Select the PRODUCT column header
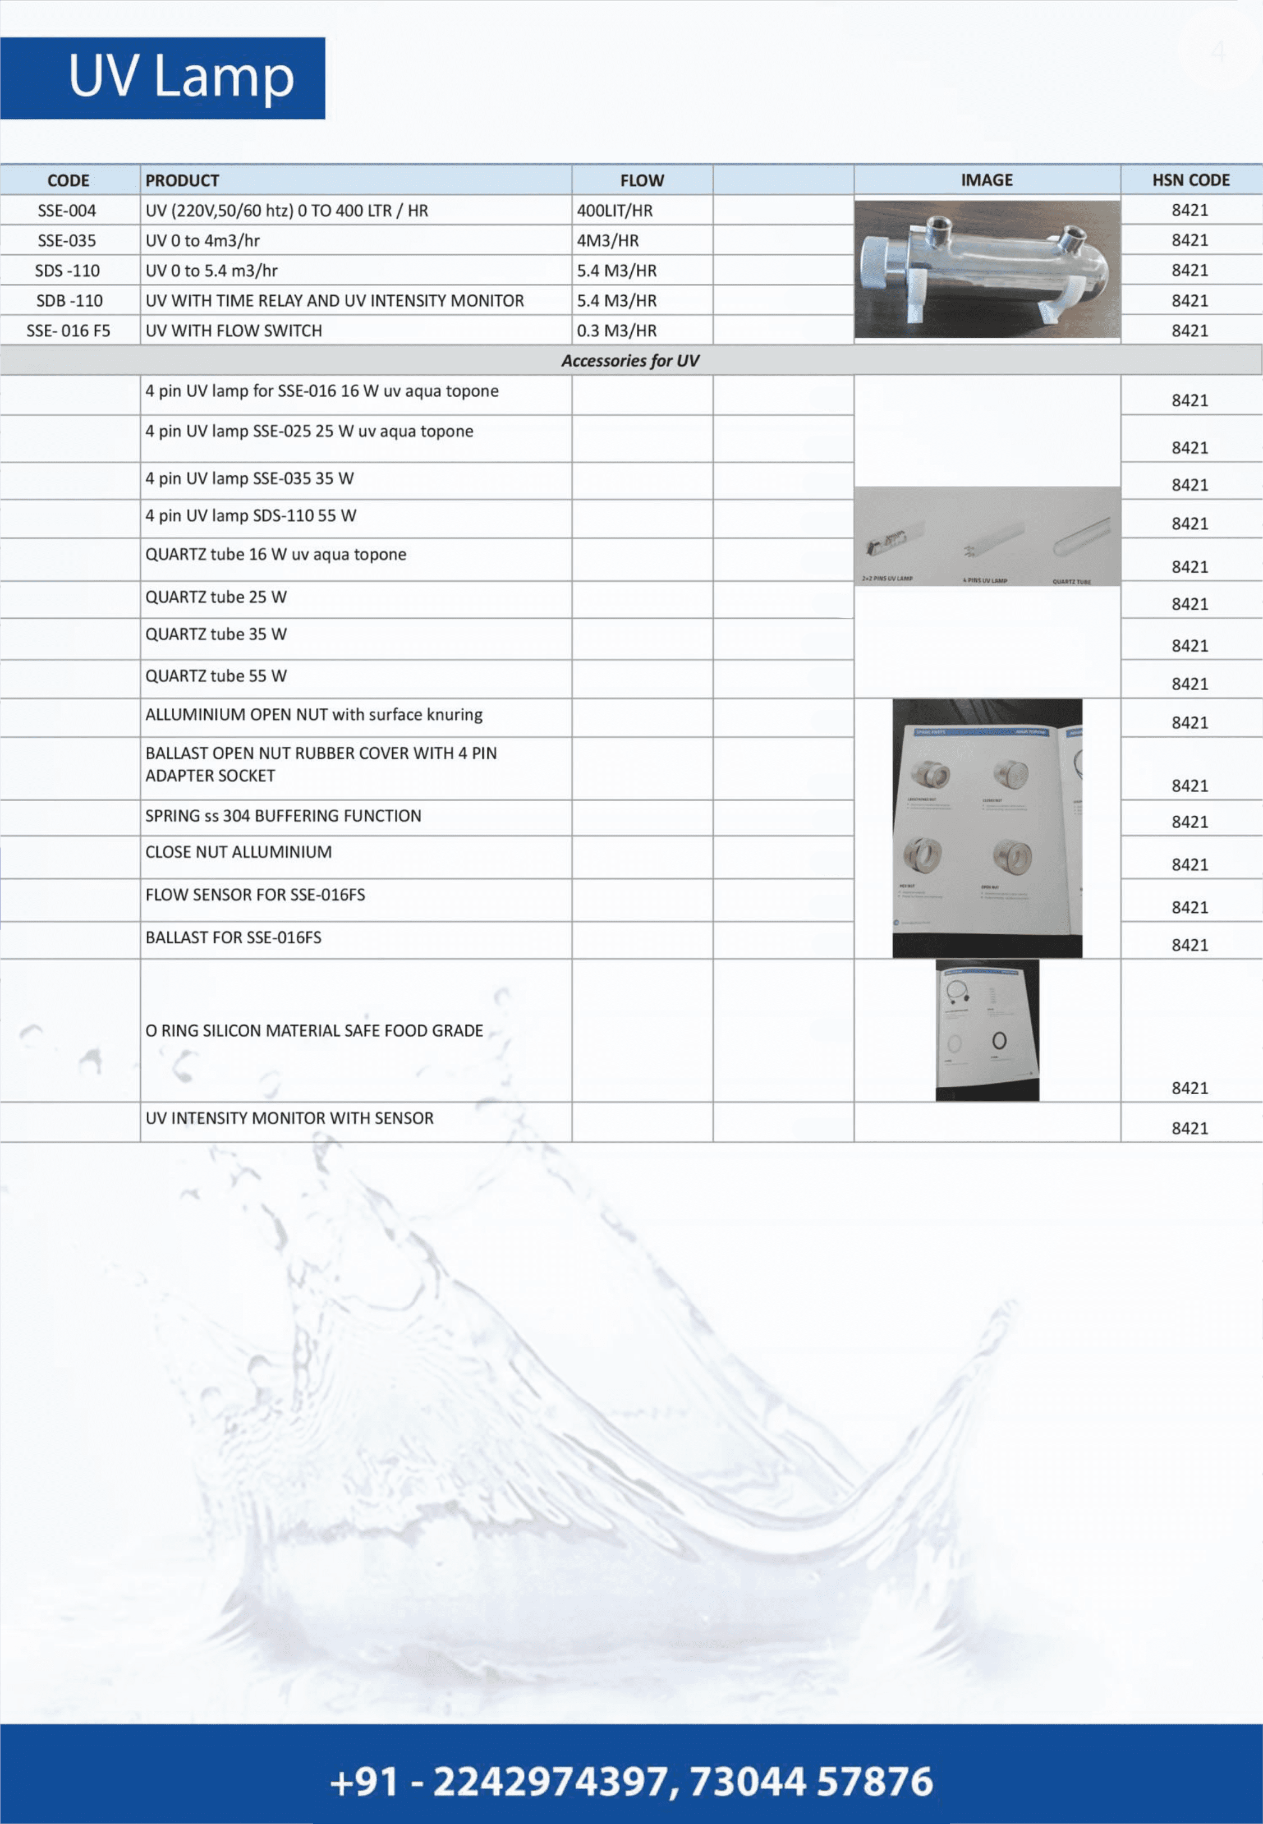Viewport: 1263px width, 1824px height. [182, 181]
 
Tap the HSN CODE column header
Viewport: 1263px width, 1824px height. [1190, 181]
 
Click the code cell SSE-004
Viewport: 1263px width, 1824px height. [67, 210]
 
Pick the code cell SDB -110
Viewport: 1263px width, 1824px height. [69, 301]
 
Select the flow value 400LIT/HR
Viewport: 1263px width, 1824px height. [615, 210]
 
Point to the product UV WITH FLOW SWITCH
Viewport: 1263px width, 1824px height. [233, 331]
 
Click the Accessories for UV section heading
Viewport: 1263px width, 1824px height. [630, 361]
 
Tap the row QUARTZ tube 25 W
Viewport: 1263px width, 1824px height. [216, 598]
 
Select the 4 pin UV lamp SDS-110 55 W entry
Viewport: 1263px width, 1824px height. [251, 516]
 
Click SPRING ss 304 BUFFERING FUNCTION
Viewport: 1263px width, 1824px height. [283, 816]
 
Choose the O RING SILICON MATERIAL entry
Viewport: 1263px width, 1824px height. [314, 1030]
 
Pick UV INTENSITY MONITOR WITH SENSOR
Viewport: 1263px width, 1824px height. [290, 1118]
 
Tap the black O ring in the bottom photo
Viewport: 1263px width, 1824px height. [999, 1041]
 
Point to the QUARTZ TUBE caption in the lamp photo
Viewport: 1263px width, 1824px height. [1072, 582]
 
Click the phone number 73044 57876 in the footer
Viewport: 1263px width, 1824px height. [811, 1781]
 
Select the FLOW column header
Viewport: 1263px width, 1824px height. [642, 181]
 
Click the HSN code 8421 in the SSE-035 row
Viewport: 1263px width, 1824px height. [1189, 241]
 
